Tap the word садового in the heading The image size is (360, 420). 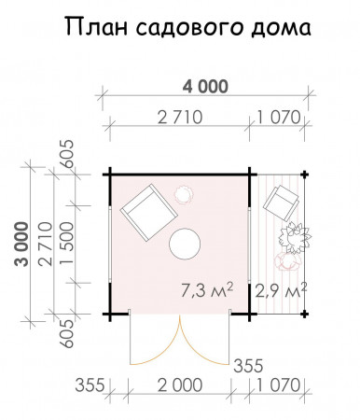[187, 30]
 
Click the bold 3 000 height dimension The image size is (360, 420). [18, 245]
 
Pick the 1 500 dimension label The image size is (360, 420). [62, 245]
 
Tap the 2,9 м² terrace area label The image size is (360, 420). [281, 291]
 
